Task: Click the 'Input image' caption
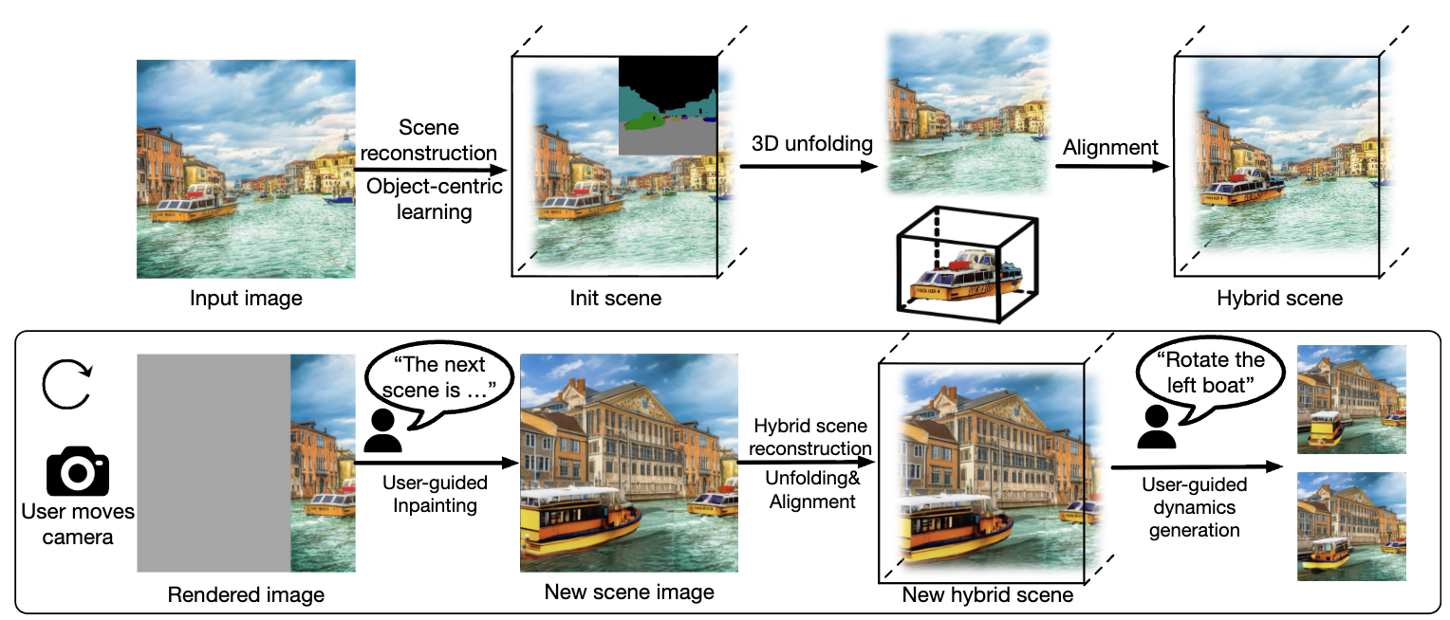click(x=246, y=299)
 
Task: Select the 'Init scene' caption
click(x=615, y=299)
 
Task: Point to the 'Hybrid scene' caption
click(x=1279, y=298)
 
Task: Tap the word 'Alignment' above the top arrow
click(x=1110, y=147)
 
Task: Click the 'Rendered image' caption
click(x=246, y=595)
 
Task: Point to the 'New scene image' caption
click(x=629, y=593)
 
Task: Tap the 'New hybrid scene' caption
click(x=987, y=595)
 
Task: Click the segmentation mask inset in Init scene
click(x=668, y=104)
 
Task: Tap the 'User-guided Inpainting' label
click(x=435, y=494)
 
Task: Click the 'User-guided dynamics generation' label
click(x=1194, y=507)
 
